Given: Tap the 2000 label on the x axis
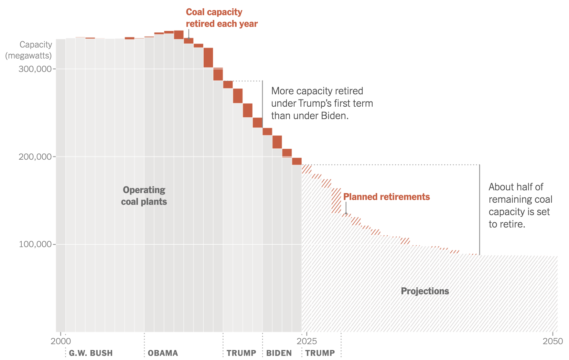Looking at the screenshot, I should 61,341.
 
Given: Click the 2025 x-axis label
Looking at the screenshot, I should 307,341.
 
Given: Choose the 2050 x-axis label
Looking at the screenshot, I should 553,341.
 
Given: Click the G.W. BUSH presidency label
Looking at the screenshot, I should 91,353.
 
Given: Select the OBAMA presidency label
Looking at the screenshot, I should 163,353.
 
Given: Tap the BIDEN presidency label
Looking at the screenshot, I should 279,353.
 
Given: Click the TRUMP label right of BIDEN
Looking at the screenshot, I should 320,353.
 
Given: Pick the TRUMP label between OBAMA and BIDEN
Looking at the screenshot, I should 241,353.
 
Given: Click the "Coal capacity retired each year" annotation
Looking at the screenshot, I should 222,18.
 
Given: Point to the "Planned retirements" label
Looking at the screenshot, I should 386,197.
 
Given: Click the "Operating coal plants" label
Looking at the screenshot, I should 144,196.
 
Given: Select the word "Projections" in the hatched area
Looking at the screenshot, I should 425,291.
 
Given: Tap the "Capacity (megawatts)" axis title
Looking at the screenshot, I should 29,50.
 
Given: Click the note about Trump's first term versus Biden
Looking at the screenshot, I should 322,103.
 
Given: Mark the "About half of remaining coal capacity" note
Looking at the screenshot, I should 520,205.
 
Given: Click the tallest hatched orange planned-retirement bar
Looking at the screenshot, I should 336,201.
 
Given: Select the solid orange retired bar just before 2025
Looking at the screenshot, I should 297,161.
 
